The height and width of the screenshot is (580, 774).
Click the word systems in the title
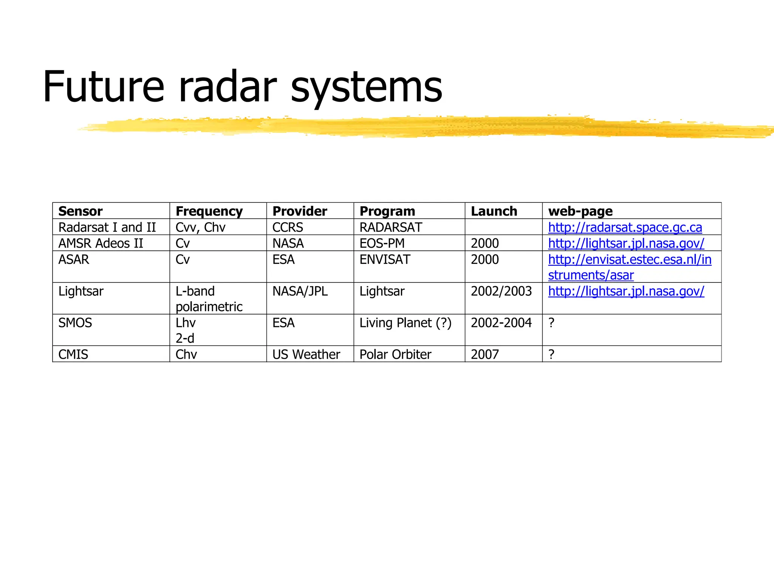(366, 88)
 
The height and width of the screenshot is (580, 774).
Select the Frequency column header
(209, 211)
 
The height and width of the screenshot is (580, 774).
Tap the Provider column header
(300, 211)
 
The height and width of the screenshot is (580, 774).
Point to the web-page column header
(580, 211)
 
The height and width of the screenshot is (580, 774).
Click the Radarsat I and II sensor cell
(107, 227)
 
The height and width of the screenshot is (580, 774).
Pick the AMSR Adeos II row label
(101, 244)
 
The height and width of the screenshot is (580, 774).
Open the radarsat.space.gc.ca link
(625, 227)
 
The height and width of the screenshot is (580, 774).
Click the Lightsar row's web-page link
(626, 291)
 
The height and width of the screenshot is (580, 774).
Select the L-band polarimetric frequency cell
(209, 299)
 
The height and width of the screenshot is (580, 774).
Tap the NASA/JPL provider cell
(300, 291)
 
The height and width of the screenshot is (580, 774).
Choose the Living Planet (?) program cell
(405, 323)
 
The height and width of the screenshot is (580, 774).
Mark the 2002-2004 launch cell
(501, 323)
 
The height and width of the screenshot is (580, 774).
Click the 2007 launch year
(485, 355)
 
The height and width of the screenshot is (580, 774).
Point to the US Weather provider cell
(306, 355)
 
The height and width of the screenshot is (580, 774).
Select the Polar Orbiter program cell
(395, 355)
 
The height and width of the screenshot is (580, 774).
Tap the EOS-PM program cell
(382, 244)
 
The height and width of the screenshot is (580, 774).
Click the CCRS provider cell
(288, 227)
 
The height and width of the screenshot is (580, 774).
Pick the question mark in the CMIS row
(551, 355)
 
